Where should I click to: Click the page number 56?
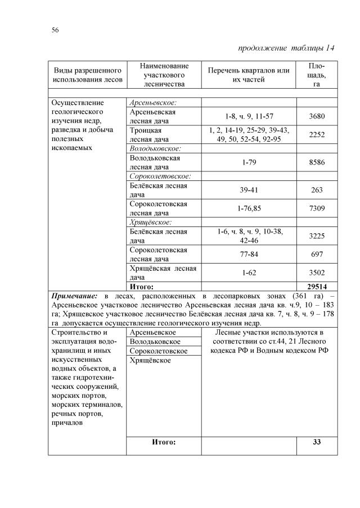[x=56, y=29]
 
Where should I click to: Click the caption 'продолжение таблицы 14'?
[x=286, y=48]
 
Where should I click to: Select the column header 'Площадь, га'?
[x=317, y=75]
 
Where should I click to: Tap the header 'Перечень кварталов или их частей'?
[x=249, y=75]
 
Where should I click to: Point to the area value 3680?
[x=317, y=116]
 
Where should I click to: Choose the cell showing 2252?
[x=317, y=135]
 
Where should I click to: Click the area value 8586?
[x=317, y=162]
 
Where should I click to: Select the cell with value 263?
[x=317, y=190]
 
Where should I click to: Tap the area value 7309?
[x=317, y=208]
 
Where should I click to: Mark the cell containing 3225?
[x=317, y=236]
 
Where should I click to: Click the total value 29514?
[x=317, y=285]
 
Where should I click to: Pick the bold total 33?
[x=317, y=442]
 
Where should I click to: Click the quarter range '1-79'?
[x=249, y=162]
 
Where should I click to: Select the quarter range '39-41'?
[x=249, y=190]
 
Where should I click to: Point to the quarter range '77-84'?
[x=249, y=255]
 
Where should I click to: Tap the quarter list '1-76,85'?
[x=249, y=208]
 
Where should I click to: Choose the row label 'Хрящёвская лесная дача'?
[x=163, y=273]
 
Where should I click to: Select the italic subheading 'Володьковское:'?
[x=155, y=149]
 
